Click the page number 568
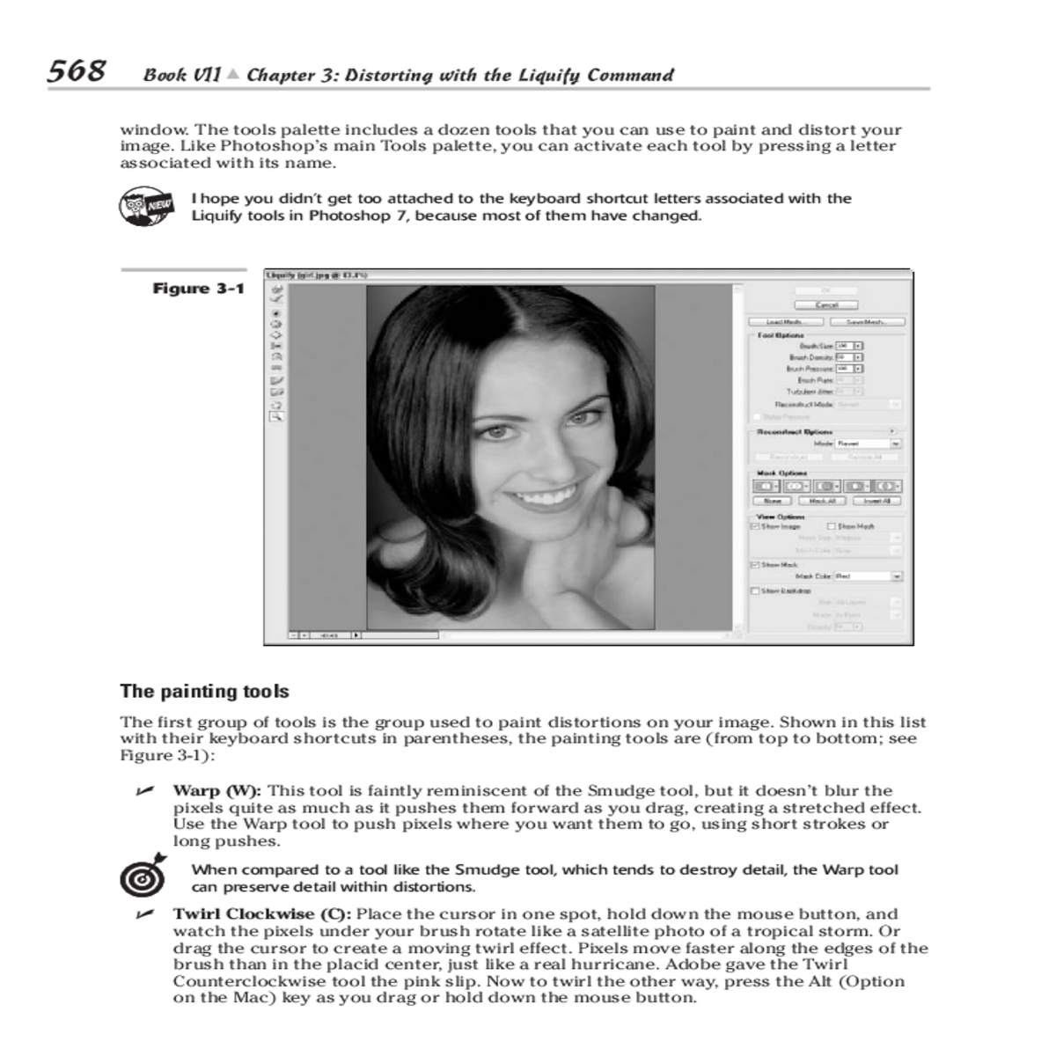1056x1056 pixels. coord(77,70)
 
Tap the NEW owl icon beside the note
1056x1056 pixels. coord(143,206)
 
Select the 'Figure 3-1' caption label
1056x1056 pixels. coord(198,289)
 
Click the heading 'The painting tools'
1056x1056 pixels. coord(204,692)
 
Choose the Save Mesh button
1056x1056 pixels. coord(864,322)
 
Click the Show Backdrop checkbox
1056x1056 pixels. coord(754,590)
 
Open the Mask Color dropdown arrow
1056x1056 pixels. coord(897,576)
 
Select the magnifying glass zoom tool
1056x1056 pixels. coord(276,417)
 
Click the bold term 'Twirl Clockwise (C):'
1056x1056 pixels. coord(263,913)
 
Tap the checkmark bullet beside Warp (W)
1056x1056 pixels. coord(142,790)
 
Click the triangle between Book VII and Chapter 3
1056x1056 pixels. coord(232,75)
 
